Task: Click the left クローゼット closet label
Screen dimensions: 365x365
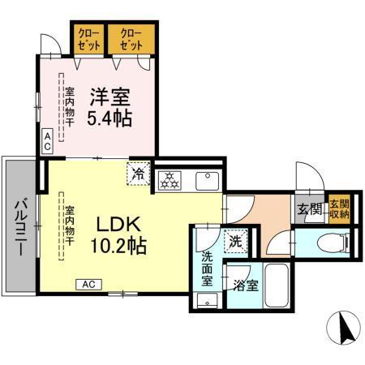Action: click(89, 39)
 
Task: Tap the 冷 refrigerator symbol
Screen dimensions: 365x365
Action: click(139, 174)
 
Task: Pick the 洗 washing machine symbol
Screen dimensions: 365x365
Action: click(234, 240)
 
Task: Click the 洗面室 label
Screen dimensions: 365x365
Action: click(207, 269)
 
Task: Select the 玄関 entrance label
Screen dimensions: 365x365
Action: click(309, 210)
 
